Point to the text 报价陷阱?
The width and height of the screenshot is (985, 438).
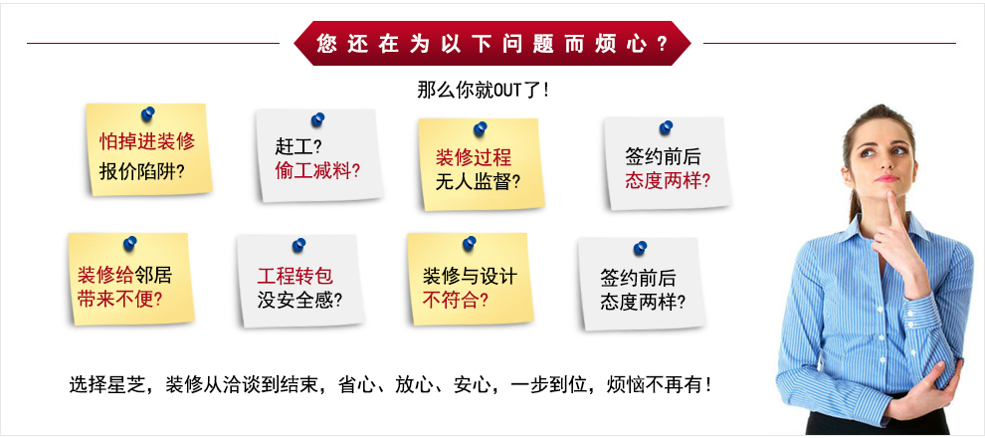point(142,171)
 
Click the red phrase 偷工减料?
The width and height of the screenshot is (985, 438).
point(317,171)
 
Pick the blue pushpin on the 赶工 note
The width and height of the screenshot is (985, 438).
point(317,119)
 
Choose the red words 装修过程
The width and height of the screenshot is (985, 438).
point(474,157)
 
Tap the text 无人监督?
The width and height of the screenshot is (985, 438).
point(478,183)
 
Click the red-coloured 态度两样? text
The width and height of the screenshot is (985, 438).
point(668,181)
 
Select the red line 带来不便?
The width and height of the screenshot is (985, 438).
point(120,299)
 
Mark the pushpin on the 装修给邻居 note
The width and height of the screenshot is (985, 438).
point(129,243)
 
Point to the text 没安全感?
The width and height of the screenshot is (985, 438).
point(299,301)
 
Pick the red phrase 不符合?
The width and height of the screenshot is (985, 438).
point(456,301)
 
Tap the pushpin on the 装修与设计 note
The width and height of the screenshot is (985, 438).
point(469,244)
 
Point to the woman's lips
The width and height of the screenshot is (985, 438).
point(886,178)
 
